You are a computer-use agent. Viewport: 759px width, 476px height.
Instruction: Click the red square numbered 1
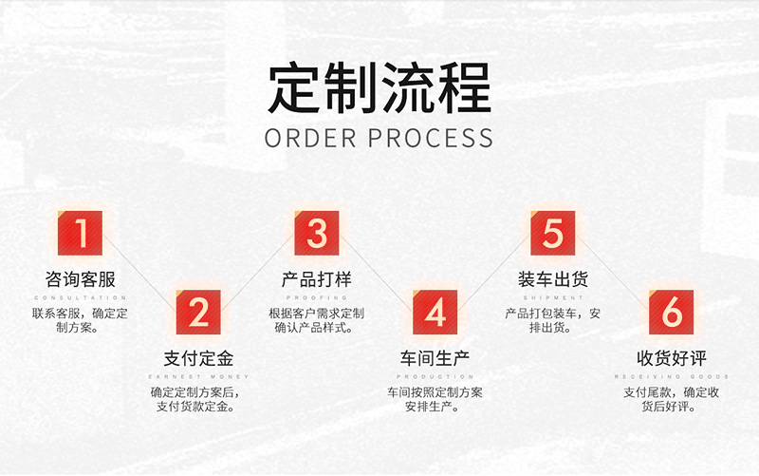pyautogui.click(x=81, y=233)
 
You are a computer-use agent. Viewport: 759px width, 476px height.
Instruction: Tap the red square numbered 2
pyautogui.click(x=198, y=313)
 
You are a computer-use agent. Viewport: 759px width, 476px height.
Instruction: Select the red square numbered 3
pyautogui.click(x=317, y=233)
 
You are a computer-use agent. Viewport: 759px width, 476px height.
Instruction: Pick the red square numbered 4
pyautogui.click(x=435, y=313)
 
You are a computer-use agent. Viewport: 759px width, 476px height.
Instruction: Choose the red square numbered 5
pyautogui.click(x=553, y=233)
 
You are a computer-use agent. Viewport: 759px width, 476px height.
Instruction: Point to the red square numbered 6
pyautogui.click(x=672, y=313)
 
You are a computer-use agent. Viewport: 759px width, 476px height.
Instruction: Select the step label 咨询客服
pyautogui.click(x=81, y=280)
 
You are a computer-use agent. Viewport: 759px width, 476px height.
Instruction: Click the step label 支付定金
pyautogui.click(x=198, y=359)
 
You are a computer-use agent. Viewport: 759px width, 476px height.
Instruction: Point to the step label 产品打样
pyautogui.click(x=317, y=280)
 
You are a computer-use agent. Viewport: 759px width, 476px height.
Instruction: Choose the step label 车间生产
pyautogui.click(x=435, y=359)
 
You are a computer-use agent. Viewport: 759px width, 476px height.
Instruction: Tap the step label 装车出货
pyautogui.click(x=553, y=280)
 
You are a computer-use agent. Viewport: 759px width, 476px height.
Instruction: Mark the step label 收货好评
pyautogui.click(x=672, y=359)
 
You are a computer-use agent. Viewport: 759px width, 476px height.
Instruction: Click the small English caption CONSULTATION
pyautogui.click(x=81, y=297)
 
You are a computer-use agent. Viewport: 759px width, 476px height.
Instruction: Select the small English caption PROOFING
pyautogui.click(x=317, y=297)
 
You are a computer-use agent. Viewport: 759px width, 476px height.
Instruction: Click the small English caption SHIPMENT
pyautogui.click(x=553, y=297)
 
